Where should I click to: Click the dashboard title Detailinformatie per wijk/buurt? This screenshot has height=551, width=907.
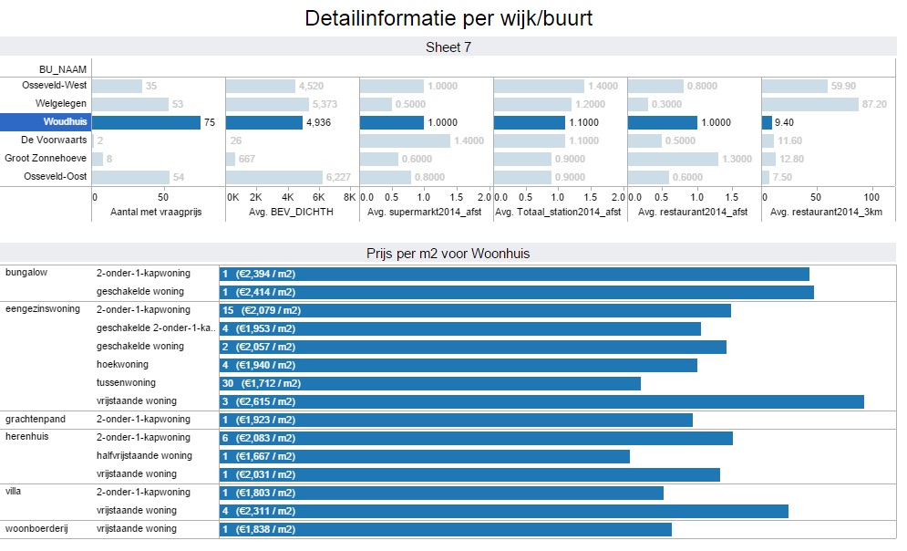pos(448,18)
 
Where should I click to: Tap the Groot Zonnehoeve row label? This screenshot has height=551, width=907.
pos(46,159)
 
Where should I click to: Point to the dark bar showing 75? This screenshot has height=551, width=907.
pos(146,122)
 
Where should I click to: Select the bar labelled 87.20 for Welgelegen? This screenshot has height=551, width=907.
pos(810,104)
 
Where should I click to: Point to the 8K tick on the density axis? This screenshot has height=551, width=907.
pos(350,197)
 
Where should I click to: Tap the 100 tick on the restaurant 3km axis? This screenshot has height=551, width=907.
pos(871,197)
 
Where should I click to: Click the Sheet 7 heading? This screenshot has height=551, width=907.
pos(448,47)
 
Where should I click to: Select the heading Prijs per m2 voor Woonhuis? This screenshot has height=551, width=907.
pos(448,254)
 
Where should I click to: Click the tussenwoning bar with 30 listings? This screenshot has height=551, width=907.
pos(429,383)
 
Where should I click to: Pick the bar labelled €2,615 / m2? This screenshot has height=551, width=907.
pos(541,401)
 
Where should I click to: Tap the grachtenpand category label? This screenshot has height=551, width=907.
pos(33,420)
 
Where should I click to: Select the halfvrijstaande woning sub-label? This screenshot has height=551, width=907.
pos(144,456)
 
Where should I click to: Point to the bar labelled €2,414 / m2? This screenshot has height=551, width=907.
pos(516,292)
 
